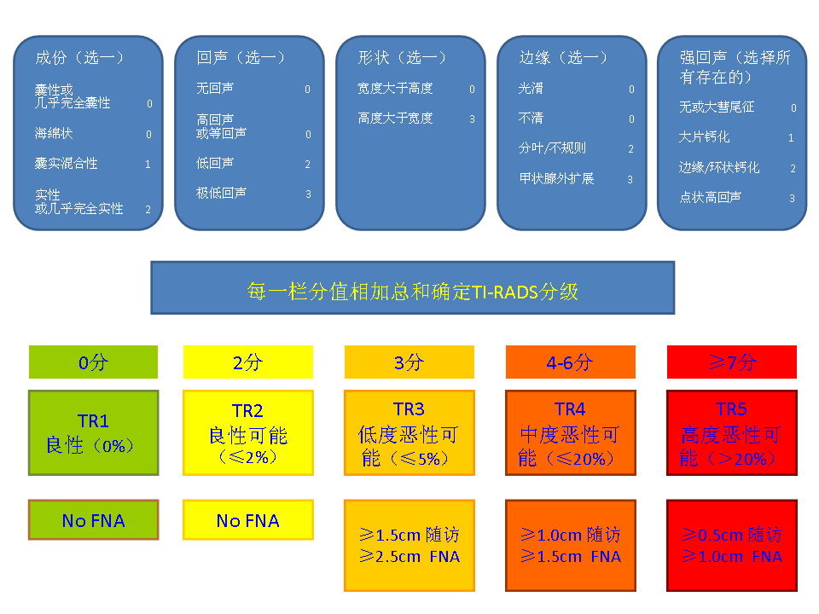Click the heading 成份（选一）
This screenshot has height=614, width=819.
[x=79, y=58]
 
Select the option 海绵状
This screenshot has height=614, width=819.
[x=54, y=134]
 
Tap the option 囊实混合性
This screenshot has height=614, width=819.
[x=67, y=164]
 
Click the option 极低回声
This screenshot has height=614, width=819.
[x=221, y=194]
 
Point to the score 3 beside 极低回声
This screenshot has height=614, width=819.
[x=308, y=194]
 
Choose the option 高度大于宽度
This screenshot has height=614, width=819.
[x=395, y=119]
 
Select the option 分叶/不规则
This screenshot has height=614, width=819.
[x=552, y=148]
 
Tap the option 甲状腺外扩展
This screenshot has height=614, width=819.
[x=556, y=179]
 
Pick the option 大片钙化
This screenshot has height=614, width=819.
[x=704, y=137]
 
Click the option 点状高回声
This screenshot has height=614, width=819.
[x=710, y=198]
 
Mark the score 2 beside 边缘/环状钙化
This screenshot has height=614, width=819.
[x=793, y=169]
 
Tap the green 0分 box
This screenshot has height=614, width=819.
[x=93, y=362]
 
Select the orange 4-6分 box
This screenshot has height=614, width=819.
[x=570, y=362]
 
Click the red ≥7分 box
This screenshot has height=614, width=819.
[x=731, y=362]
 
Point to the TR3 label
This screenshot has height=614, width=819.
[x=409, y=410]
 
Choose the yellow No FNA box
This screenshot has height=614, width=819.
[x=248, y=520]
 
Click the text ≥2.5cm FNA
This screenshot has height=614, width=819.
[x=409, y=557]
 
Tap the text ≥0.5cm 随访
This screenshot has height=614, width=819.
[x=731, y=536]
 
